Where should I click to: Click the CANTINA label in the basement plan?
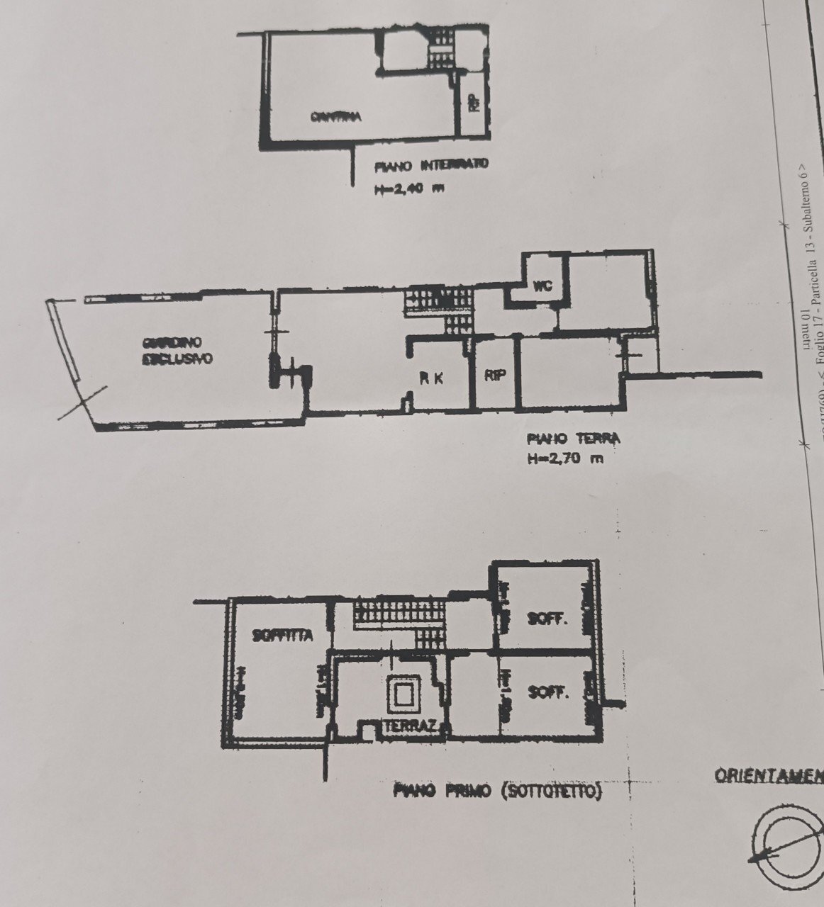pos(336,117)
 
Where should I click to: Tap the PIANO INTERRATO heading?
pos(431,167)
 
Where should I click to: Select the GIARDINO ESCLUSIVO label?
pos(177,350)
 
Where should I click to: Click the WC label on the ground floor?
pos(542,286)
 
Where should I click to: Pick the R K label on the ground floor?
pos(431,378)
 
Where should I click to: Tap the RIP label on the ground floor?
pos(495,376)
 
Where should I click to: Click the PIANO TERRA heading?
pos(573,439)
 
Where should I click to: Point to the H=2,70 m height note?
pos(566,458)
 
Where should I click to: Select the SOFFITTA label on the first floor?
pos(282,636)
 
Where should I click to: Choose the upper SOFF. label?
pos(547,619)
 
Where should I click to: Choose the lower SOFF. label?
pos(548,692)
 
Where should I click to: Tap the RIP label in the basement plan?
pos(473,103)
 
